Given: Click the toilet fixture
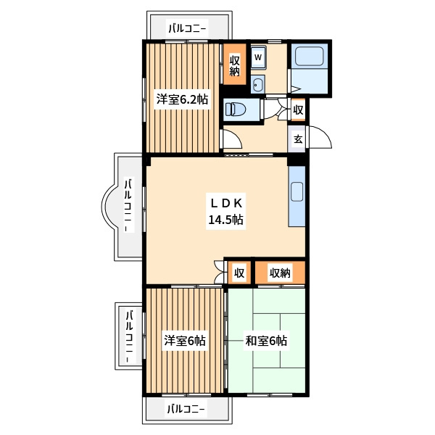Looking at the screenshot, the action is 236,109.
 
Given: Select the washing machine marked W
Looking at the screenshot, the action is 258,57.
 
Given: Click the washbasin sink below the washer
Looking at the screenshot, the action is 258,84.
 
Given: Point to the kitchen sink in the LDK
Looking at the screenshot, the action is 297,191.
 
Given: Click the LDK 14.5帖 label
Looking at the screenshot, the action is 226,212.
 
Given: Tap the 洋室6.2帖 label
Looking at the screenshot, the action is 182,99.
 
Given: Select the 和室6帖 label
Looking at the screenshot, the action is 266,341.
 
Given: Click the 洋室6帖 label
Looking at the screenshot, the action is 184,341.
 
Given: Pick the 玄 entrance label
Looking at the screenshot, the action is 298,139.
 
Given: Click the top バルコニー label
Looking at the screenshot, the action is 188,28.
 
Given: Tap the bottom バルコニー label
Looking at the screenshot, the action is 186,409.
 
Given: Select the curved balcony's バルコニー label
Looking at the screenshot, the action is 128,204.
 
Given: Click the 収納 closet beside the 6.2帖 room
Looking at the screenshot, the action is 235,65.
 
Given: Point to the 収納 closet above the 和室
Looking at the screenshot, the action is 280,273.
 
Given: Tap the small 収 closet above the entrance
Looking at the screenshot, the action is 298,110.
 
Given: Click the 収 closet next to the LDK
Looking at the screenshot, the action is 239,273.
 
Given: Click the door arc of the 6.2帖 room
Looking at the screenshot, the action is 233,138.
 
